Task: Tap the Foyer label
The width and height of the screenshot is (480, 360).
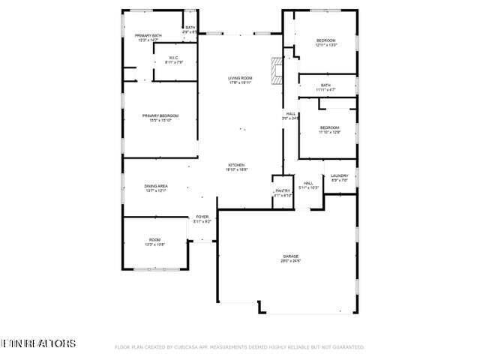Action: pos(202,218)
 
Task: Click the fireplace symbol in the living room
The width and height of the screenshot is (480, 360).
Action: pos(278,69)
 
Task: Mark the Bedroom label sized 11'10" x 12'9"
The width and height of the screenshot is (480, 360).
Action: pos(330,129)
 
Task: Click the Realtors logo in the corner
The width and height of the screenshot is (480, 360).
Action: pos(38,343)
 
